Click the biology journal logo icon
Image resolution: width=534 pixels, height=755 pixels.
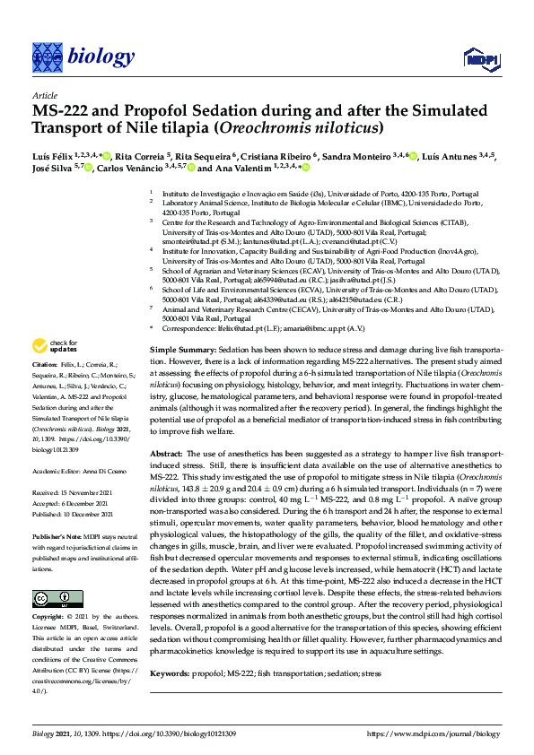[46, 58]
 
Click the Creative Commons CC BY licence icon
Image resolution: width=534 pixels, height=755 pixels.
[46, 597]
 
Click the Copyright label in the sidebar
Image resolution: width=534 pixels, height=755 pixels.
[48, 618]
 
